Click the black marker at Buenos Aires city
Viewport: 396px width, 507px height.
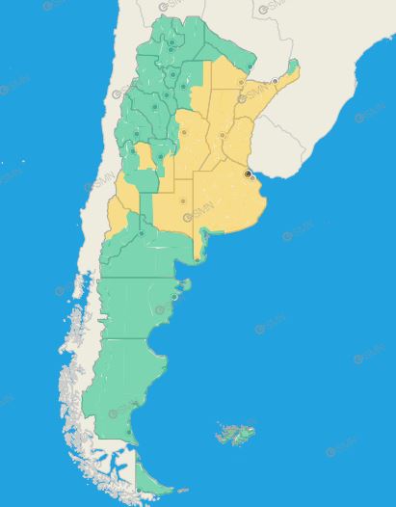tap(248, 173)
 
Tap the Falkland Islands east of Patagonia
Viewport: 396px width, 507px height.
tap(236, 433)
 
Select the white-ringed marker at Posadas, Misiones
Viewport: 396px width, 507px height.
tap(275, 82)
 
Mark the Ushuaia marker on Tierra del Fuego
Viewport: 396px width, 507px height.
tap(142, 488)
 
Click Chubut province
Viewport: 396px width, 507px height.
tap(135, 304)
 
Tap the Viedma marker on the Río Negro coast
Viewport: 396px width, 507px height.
tap(197, 258)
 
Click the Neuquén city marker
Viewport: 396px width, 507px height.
tap(142, 232)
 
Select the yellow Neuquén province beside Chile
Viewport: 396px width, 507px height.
tap(119, 217)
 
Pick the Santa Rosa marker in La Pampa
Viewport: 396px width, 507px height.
tap(182, 200)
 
